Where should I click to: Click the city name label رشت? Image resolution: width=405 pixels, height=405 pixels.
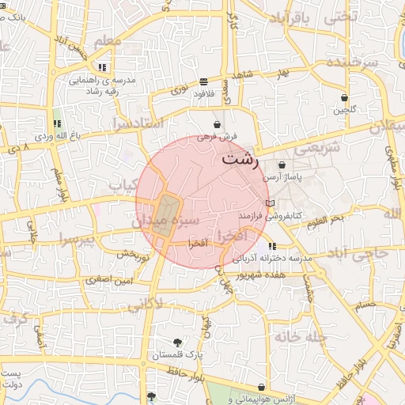240,158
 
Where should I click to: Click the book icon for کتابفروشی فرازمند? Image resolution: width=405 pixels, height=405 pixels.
271,203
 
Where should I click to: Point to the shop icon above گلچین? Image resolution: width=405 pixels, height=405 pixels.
345,98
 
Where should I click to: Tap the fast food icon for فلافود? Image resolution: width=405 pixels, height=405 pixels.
204,81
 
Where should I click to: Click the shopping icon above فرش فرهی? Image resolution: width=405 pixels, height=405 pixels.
217,125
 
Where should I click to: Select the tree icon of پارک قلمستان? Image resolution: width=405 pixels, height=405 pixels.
176,343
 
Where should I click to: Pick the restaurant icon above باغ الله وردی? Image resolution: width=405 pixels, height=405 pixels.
56,123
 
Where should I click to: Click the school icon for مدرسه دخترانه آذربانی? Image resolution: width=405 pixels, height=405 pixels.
272,247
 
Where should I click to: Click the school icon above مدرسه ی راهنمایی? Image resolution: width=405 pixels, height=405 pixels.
102,68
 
